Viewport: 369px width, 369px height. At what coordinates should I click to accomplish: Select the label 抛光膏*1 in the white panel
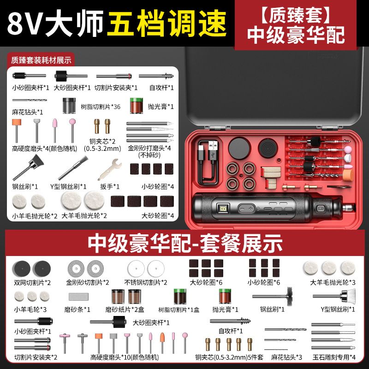[161, 107]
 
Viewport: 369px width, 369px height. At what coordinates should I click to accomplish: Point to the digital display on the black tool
[223, 208]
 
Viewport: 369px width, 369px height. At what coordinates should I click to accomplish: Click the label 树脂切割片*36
[101, 107]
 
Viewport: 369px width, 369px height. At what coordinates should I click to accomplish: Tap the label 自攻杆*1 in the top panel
[161, 88]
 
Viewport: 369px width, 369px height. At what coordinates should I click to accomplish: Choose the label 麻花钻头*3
[286, 357]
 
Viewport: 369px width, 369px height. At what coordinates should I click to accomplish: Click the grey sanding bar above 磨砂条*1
[78, 297]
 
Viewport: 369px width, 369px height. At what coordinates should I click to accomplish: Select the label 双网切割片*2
[32, 282]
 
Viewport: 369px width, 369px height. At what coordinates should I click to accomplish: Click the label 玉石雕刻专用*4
[334, 357]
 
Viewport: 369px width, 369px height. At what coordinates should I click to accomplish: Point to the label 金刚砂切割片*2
[88, 282]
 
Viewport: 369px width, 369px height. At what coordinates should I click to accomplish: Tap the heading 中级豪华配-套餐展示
[185, 244]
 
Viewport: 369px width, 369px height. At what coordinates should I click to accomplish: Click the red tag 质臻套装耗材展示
[41, 60]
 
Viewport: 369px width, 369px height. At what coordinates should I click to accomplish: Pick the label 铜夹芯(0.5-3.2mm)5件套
[229, 357]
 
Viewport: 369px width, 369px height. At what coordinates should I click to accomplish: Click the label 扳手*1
[110, 187]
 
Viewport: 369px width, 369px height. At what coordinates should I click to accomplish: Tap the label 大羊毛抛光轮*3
[333, 282]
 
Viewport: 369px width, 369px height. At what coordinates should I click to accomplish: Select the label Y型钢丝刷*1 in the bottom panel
[338, 309]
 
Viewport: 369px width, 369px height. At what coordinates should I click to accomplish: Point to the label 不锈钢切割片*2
[146, 282]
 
